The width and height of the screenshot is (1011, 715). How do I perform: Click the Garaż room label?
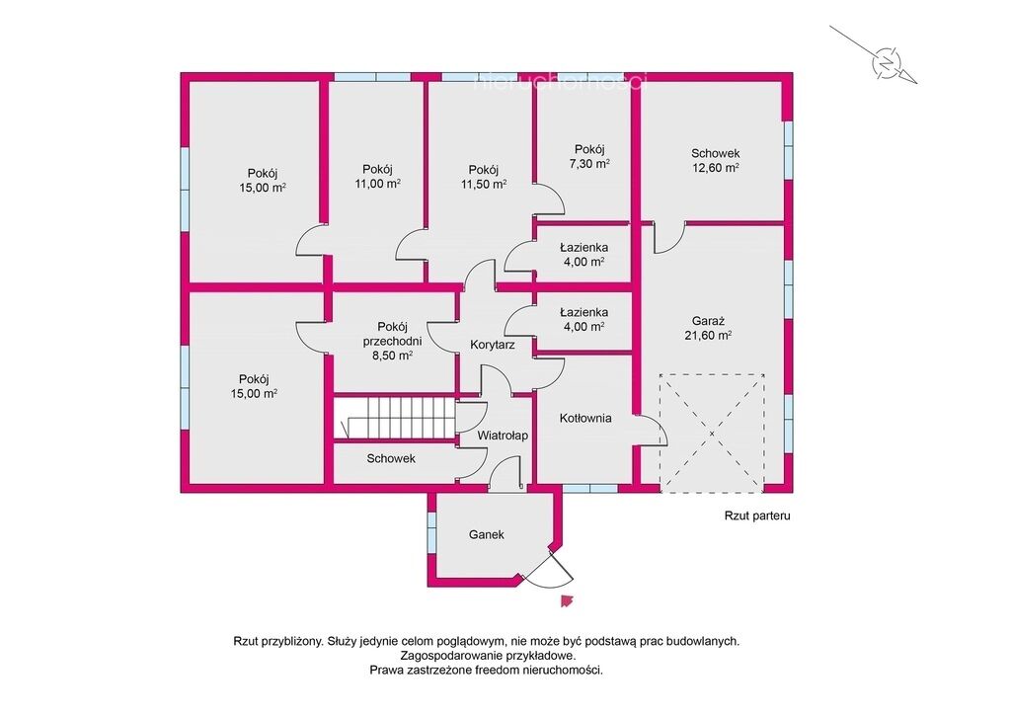point(708,321)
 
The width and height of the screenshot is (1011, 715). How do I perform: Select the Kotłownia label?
point(585,418)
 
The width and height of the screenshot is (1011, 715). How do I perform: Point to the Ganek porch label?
point(487,534)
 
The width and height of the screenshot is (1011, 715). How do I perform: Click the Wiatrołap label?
point(503,436)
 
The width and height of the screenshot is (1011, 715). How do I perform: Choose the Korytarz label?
point(493,345)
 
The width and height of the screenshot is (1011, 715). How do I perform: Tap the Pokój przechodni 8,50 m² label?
point(392,341)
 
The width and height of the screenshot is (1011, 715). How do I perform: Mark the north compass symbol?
point(887,63)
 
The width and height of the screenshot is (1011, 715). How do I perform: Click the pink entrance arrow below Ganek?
point(567,600)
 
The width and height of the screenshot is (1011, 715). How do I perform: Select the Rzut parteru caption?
point(757,516)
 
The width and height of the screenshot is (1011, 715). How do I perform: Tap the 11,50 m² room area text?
point(484,185)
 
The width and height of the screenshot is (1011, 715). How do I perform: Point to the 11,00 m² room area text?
point(378,184)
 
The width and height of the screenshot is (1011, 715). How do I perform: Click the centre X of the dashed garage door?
point(712,434)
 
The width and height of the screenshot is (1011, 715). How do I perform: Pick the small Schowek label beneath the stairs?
point(391,458)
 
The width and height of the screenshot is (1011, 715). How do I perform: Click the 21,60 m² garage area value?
point(708,335)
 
